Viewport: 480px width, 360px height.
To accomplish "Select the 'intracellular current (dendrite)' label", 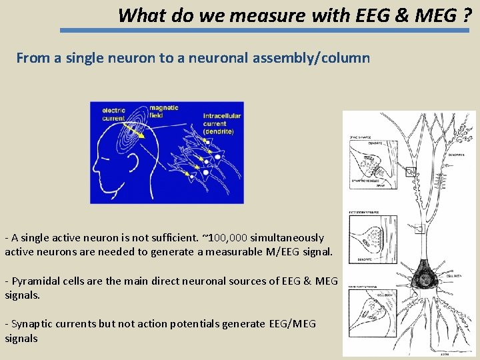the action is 221,123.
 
